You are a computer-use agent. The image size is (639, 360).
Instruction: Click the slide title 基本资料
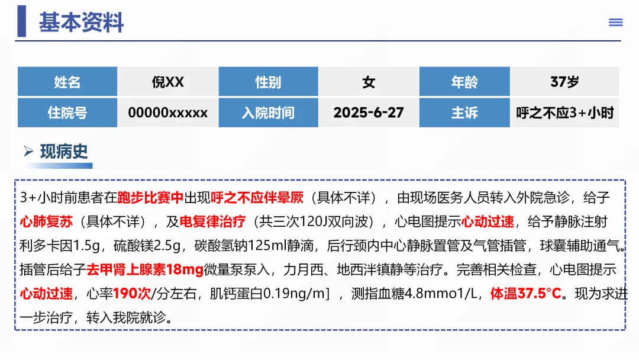pos(81,22)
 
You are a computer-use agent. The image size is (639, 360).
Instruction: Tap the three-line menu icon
pos(615,22)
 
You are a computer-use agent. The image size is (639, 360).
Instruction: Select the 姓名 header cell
pos(67,82)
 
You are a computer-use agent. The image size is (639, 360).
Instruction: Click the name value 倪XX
pos(168,82)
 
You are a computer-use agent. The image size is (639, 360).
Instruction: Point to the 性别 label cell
pos(268,82)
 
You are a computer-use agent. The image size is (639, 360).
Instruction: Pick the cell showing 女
pos(369,82)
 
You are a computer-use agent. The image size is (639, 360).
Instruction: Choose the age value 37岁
pos(564,82)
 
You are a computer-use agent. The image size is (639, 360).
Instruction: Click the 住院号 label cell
pos(67,112)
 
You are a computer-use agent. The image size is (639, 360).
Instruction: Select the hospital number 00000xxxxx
pos(168,112)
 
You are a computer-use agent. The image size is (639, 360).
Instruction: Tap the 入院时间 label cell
pos(268,112)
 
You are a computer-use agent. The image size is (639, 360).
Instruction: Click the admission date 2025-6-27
pos(369,112)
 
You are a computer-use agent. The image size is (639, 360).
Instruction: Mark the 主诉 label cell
pos(464,112)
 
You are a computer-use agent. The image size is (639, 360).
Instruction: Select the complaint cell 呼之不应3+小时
pos(564,112)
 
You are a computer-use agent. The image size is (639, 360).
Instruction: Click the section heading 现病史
pos(64,152)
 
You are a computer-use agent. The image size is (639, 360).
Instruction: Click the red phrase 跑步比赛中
pos(151,198)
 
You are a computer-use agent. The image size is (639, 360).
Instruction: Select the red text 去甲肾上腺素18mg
pos(145,269)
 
